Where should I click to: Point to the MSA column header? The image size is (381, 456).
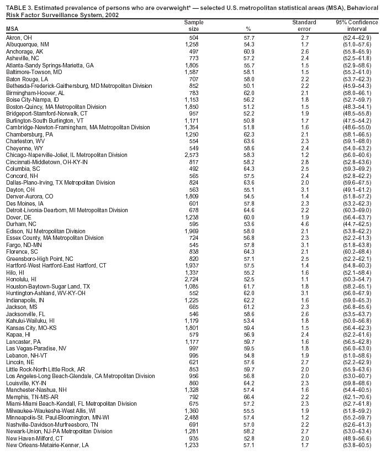[12, 28]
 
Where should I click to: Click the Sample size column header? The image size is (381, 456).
[190, 25]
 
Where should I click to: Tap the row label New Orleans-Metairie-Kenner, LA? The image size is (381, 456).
[46, 444]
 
